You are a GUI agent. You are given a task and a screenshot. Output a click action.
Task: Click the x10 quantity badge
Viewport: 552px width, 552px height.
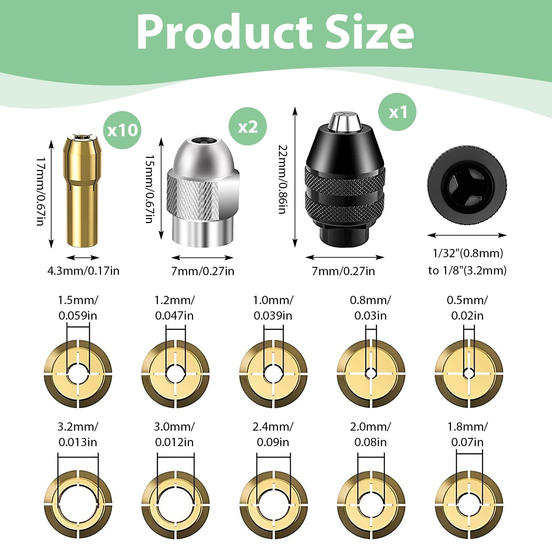click(x=122, y=130)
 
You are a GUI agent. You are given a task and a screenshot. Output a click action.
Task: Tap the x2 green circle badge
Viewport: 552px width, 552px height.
click(x=248, y=127)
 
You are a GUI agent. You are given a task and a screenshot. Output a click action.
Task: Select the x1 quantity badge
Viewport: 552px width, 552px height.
click(x=398, y=112)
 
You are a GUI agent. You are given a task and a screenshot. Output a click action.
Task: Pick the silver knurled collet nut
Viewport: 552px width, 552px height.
click(x=203, y=192)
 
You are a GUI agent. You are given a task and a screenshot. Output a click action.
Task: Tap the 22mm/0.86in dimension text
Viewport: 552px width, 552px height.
click(x=283, y=179)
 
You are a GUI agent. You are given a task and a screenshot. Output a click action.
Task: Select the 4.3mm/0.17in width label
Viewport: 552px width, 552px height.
click(x=83, y=271)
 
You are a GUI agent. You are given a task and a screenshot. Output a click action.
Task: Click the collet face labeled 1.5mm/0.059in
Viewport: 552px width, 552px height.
click(x=78, y=374)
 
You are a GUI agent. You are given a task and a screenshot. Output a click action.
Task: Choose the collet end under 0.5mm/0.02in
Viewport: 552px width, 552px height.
click(x=469, y=374)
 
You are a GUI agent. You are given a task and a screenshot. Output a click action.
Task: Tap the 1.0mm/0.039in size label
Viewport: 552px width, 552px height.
click(x=273, y=308)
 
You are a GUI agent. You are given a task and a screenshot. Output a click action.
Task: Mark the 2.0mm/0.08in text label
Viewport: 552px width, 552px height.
click(x=371, y=434)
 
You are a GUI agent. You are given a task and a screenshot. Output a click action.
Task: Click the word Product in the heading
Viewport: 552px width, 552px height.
click(x=224, y=32)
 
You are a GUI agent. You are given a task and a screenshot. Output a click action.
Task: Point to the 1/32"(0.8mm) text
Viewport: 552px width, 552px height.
click(x=468, y=253)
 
